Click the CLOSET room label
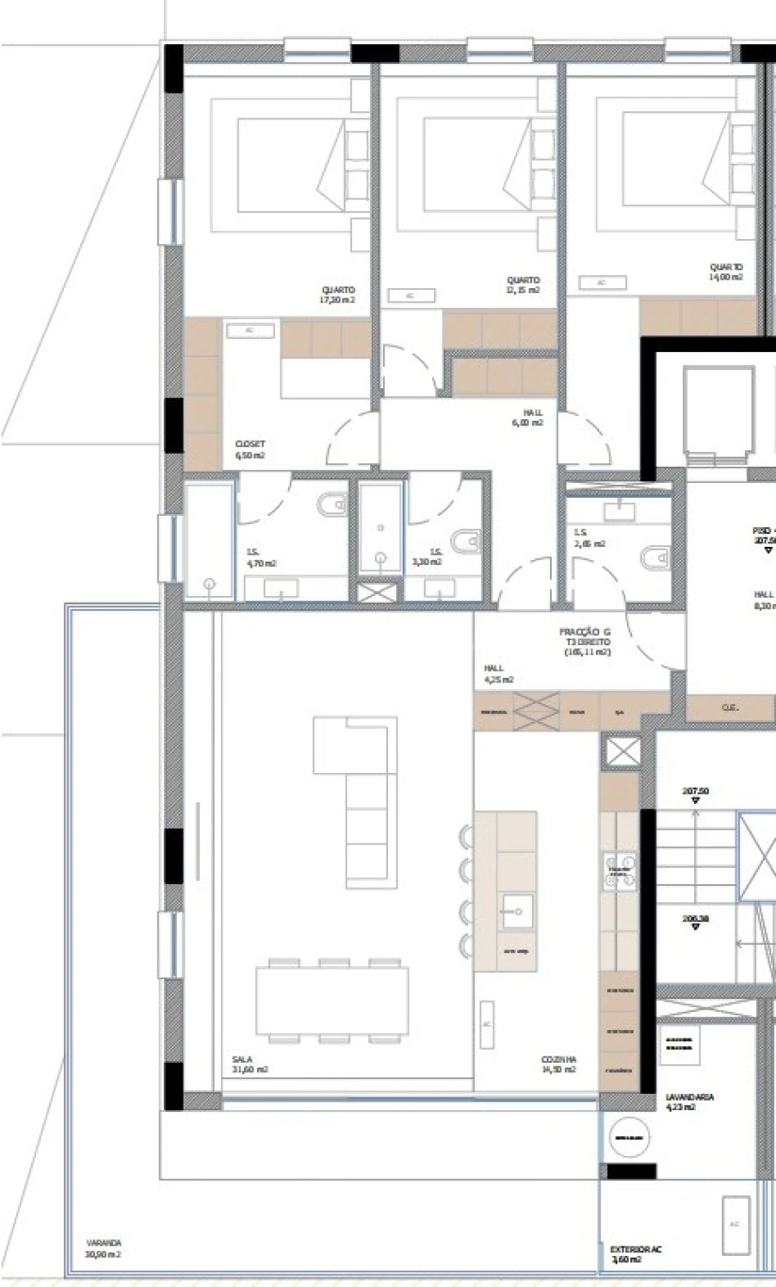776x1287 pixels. pos(250,449)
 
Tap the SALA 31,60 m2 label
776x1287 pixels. pos(250,1064)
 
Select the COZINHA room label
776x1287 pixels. pos(558,1064)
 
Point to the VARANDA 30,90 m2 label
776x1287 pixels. pos(103,1248)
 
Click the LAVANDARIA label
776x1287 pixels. pos(689,1102)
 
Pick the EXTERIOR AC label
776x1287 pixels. pos(635,1253)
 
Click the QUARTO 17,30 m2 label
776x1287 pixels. pos(338,295)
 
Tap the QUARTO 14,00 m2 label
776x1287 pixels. pos(726,273)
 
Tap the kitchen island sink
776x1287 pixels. pos(516,911)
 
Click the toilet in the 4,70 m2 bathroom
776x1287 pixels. pos(332,505)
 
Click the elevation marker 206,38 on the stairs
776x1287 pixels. pos(695,920)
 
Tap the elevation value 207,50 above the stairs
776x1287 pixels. pos(695,791)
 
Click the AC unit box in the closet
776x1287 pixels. pos(249,330)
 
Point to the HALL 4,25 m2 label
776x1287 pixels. pos(498,674)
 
